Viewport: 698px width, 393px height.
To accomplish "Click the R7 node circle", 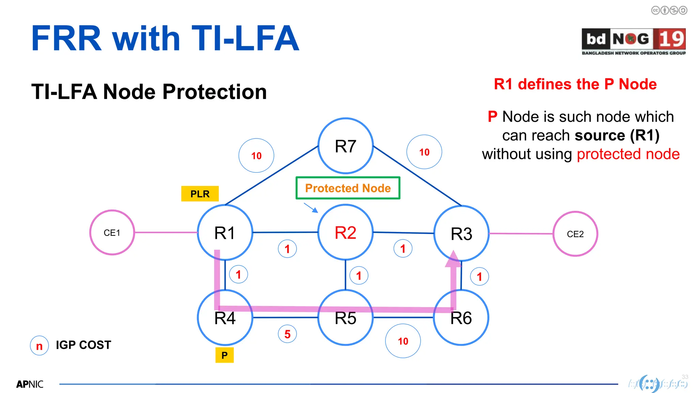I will point(346,146).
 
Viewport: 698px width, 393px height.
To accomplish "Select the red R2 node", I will point(345,233).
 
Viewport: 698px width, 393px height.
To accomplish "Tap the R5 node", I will point(345,318).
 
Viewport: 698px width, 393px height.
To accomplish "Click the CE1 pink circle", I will point(112,233).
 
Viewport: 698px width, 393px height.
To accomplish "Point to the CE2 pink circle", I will point(575,234).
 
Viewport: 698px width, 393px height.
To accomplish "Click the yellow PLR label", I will point(200,194).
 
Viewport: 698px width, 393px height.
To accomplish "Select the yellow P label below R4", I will point(224,355).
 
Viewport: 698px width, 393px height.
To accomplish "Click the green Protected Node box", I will point(348,188).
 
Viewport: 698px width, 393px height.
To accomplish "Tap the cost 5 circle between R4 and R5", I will point(287,334).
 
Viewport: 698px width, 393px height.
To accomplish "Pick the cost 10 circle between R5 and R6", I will point(403,341).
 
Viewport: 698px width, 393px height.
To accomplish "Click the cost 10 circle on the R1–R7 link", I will point(256,156).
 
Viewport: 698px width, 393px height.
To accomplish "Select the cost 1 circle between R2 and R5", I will point(359,276).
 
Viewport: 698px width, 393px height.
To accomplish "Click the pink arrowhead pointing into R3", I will point(453,259).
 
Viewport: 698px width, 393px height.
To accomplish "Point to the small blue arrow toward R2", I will point(311,208).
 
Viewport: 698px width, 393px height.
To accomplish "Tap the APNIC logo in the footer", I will point(30,384).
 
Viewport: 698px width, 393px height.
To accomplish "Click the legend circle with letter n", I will point(39,346).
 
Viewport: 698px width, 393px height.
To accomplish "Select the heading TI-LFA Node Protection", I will point(149,92).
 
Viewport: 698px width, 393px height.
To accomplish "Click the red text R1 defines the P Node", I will point(575,84).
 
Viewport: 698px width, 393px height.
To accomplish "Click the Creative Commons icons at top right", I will point(669,10).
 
